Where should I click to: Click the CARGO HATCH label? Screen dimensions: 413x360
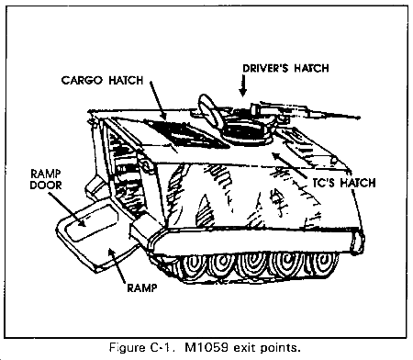point(102,81)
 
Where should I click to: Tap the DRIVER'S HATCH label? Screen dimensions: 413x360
point(285,68)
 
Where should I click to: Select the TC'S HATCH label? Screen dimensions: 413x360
point(344,183)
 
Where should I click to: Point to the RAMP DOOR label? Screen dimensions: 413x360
point(46,179)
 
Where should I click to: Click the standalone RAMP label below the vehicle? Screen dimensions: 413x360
point(142,287)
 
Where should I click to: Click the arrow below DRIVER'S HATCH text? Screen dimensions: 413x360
point(243,85)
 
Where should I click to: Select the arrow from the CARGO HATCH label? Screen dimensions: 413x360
point(159,100)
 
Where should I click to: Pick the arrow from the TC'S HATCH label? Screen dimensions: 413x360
point(289,165)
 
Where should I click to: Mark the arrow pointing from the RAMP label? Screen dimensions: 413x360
point(117,265)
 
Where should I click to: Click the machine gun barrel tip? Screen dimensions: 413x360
point(359,117)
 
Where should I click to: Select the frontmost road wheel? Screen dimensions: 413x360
point(323,264)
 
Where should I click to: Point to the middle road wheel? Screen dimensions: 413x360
point(252,266)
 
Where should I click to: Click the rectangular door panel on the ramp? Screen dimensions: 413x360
point(92,221)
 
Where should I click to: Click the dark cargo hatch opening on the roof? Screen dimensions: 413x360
point(186,134)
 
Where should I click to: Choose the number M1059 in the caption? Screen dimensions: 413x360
point(206,348)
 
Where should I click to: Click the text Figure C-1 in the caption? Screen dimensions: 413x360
point(142,348)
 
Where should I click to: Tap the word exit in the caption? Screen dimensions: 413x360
point(245,348)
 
